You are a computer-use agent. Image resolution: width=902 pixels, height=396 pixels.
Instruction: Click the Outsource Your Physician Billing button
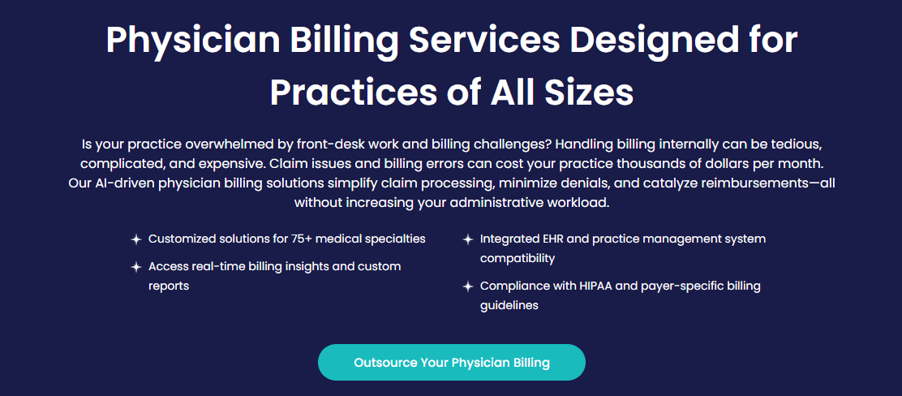pyautogui.click(x=452, y=363)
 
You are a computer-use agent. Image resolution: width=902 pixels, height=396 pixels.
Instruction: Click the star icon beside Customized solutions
pyautogui.click(x=135, y=239)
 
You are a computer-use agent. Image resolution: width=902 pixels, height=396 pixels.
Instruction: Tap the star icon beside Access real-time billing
pyautogui.click(x=135, y=267)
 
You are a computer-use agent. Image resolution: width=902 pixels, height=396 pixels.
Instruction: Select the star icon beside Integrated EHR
pyautogui.click(x=468, y=239)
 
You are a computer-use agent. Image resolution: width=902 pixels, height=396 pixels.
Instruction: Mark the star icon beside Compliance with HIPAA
pyautogui.click(x=468, y=286)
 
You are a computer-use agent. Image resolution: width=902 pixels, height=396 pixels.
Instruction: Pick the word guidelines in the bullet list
pyautogui.click(x=509, y=306)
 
